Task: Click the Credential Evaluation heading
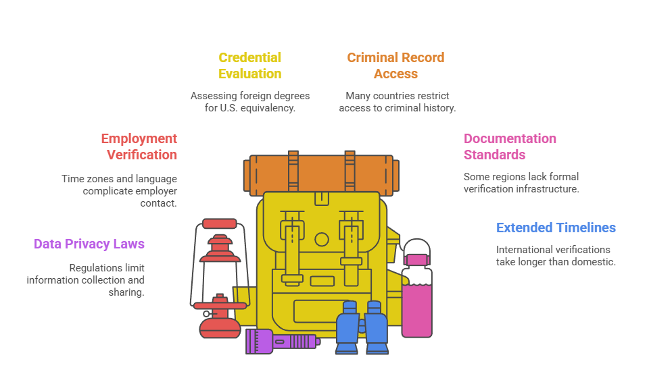click(249, 65)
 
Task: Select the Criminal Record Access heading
click(395, 65)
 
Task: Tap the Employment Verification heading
click(139, 147)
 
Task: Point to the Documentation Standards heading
click(510, 147)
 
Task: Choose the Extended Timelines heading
click(556, 228)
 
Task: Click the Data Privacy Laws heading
click(89, 244)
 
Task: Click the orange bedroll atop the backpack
click(321, 172)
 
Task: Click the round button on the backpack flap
click(322, 239)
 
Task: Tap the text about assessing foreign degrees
click(250, 102)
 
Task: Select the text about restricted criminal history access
click(397, 102)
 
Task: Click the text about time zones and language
click(119, 190)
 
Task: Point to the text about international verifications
click(556, 255)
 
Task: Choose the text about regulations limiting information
click(86, 280)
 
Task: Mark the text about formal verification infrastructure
click(521, 183)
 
